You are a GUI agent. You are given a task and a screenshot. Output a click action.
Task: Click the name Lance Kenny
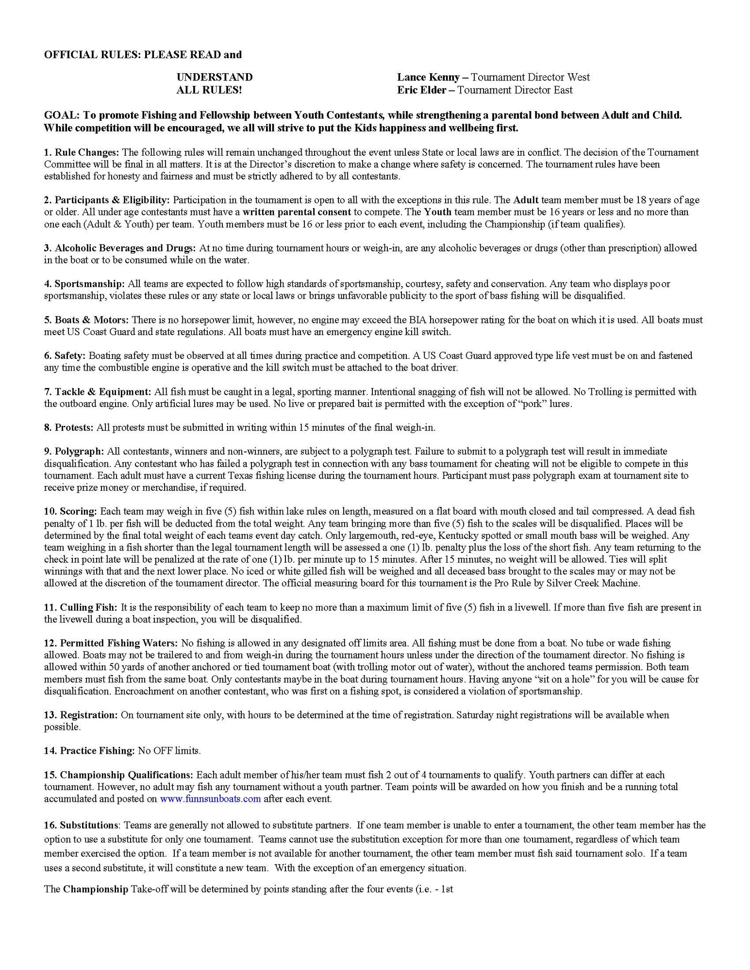click(428, 77)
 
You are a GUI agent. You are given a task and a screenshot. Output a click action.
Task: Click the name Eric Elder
click(424, 90)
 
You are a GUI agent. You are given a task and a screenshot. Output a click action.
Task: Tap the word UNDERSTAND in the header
click(214, 77)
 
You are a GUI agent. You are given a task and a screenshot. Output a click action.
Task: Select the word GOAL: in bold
click(62, 115)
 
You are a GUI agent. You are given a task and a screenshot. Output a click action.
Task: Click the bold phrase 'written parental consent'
click(297, 212)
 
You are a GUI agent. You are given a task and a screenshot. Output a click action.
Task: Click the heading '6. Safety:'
click(65, 356)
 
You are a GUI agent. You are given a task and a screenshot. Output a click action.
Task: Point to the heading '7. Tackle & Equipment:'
click(97, 391)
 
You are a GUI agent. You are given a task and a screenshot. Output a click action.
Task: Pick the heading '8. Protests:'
click(69, 427)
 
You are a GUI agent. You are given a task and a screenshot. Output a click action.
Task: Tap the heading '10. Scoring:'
click(71, 511)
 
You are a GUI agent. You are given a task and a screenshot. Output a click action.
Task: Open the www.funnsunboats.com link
click(210, 799)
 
